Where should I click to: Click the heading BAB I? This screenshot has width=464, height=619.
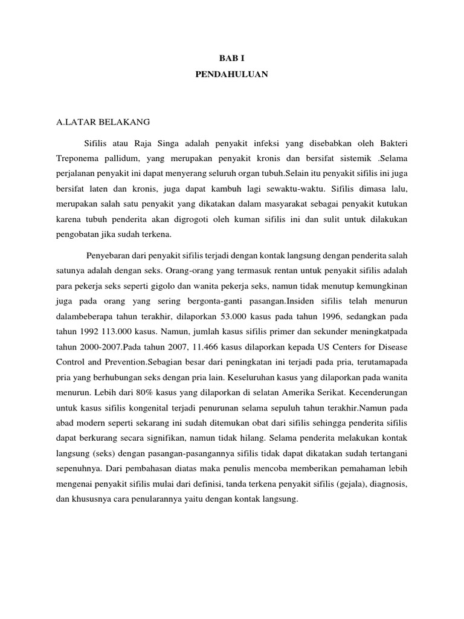click(x=232, y=59)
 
